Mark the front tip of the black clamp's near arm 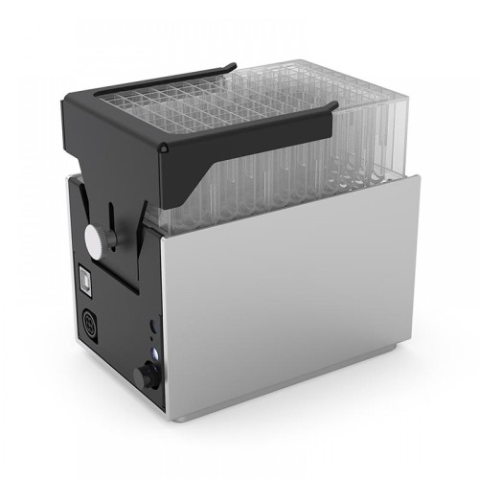[164, 148]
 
